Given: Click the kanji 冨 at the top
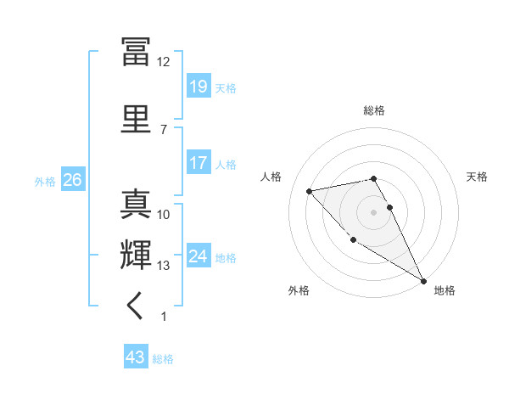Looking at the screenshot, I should click(x=136, y=51).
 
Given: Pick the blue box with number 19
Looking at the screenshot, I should click(x=199, y=87).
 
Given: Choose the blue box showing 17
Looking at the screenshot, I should click(x=199, y=163).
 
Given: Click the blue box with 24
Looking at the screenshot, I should click(x=199, y=256).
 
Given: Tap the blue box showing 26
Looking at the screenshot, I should click(x=71, y=180).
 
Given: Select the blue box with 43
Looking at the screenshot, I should click(x=136, y=358).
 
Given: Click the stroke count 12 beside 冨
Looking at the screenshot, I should click(x=163, y=62).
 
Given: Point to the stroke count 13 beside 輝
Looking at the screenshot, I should click(x=163, y=266).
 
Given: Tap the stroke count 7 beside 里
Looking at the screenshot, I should click(x=163, y=129).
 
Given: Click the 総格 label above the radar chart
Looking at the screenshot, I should click(x=374, y=110).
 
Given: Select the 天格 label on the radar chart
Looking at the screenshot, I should click(x=477, y=177).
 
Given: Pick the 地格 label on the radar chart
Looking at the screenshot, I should click(x=445, y=290).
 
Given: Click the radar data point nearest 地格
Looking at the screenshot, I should click(x=424, y=281).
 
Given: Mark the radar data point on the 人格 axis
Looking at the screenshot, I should click(x=310, y=191).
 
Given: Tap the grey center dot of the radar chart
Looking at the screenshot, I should click(x=374, y=211).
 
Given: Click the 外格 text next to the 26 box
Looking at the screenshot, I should click(x=45, y=181).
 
